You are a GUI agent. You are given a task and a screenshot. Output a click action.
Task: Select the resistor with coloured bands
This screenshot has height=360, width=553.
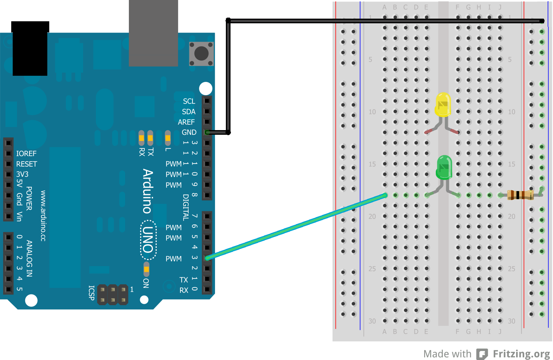[520, 195]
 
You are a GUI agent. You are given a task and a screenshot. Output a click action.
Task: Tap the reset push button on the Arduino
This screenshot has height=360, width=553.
[201, 54]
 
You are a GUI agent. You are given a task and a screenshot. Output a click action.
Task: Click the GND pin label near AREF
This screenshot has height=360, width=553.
[189, 132]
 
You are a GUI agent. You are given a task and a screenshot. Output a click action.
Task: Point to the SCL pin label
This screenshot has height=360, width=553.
[189, 101]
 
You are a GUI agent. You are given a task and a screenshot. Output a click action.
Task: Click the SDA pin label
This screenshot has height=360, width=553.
[189, 112]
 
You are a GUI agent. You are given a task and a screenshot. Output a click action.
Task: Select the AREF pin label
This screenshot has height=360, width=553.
[186, 122]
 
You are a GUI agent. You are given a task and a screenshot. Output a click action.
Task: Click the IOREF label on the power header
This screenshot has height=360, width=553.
[26, 154]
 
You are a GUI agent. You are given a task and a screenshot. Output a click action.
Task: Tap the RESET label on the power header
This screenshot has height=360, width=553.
[26, 164]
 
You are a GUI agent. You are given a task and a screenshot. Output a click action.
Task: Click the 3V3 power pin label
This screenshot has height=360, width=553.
[22, 174]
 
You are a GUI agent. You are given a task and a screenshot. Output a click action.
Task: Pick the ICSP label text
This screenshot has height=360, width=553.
[92, 293]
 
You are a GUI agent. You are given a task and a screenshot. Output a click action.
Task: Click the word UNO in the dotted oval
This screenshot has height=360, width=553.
[148, 240]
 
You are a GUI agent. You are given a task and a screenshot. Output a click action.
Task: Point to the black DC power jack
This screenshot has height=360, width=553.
[30, 49]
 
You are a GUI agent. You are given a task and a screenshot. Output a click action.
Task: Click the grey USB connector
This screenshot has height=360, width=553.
[153, 33]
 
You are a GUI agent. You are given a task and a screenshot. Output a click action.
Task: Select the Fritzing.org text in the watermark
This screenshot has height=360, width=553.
[521, 354]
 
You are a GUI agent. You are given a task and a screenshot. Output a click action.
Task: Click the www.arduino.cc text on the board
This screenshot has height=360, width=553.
[43, 216]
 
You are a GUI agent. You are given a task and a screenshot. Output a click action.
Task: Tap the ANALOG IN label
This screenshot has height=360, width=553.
[29, 258]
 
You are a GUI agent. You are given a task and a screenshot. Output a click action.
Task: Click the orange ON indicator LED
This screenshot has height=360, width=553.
[146, 269]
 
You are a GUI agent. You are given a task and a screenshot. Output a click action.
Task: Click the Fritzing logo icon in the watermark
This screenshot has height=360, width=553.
[482, 354]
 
